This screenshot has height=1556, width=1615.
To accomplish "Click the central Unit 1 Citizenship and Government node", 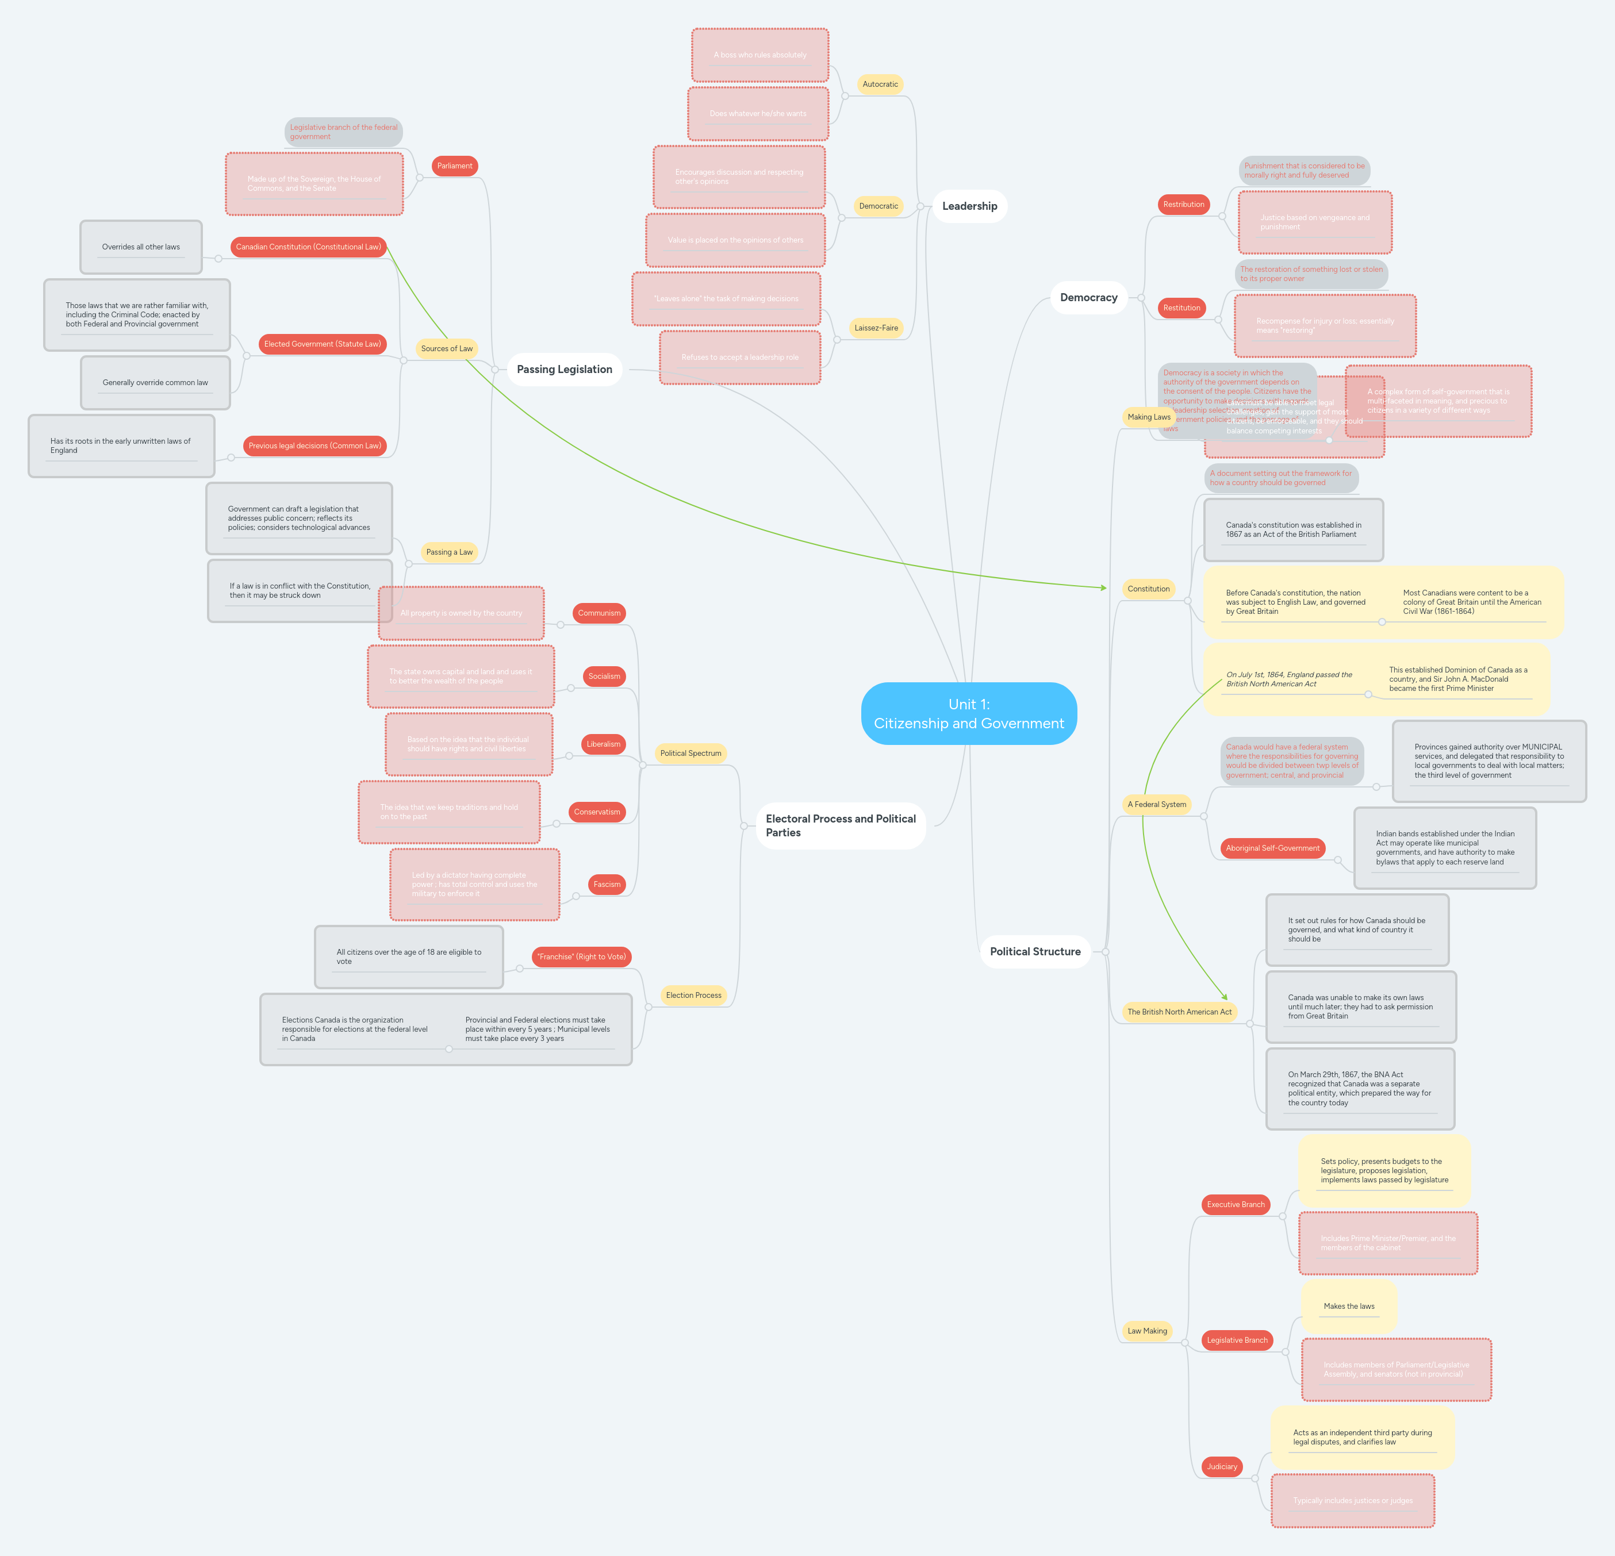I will coord(968,713).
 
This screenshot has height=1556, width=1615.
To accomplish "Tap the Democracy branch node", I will coord(1088,297).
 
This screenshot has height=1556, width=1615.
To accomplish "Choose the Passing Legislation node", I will coord(565,369).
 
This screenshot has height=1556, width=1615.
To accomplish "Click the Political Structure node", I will coord(1035,951).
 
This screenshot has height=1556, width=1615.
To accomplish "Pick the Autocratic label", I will coord(880,84).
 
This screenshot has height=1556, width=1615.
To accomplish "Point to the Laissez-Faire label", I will coord(876,328).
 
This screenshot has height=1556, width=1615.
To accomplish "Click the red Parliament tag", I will coord(454,166).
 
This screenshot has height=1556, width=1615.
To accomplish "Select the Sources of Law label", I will coord(447,348).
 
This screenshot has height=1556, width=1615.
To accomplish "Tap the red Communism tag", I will coord(599,613).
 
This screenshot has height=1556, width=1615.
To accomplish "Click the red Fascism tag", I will coord(607,884).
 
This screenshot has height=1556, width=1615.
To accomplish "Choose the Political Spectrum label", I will coord(691,753).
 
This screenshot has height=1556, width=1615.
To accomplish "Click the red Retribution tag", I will coord(1183,204).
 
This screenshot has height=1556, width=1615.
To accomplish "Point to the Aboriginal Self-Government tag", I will coord(1272,848).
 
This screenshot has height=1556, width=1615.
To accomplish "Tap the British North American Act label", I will coord(1179,1012).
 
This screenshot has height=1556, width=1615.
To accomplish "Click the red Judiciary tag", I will coord(1221,1466).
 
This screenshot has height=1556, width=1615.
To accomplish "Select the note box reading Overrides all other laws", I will coord(141,247).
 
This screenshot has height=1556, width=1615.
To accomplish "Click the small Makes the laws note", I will coord(1349,1307).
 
